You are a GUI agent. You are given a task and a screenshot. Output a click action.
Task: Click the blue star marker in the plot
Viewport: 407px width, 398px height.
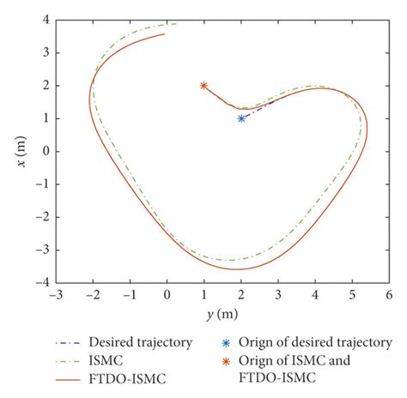[x=241, y=118]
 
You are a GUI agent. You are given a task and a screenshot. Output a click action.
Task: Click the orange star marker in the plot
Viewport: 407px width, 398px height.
[x=203, y=86]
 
